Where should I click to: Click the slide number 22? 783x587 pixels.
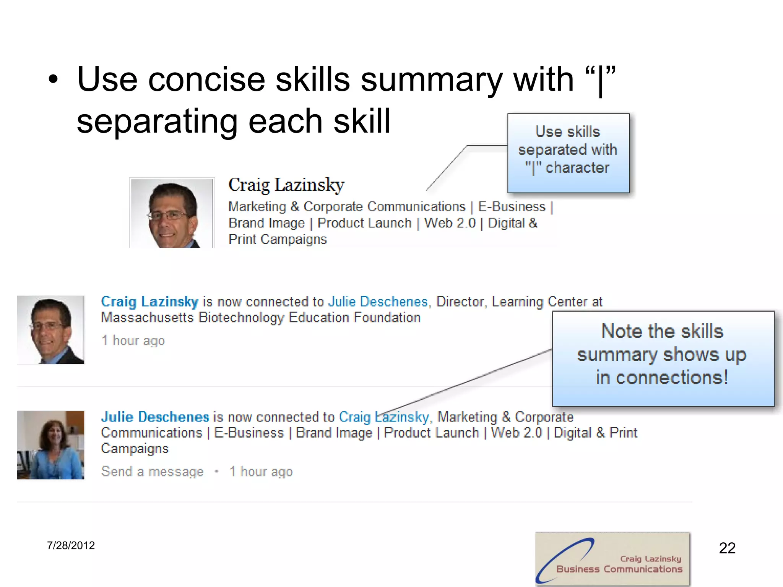[727, 548]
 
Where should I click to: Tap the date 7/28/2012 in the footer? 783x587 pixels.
[71, 545]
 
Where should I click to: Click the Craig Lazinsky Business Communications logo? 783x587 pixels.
[612, 559]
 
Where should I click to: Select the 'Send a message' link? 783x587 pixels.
[152, 472]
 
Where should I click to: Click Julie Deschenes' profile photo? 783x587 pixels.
[50, 445]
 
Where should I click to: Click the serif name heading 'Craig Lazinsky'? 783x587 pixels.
[286, 185]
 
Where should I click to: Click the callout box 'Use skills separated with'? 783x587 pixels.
[568, 153]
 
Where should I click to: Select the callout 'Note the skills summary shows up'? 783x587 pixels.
[663, 358]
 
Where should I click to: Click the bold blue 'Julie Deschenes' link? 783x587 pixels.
[155, 417]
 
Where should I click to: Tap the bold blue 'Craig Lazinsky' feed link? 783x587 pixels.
[149, 302]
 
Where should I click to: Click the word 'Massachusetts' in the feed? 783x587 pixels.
[148, 318]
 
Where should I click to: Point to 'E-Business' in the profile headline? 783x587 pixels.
[512, 207]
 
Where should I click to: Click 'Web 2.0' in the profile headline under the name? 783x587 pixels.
[450, 223]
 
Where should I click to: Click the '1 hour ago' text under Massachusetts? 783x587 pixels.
[133, 340]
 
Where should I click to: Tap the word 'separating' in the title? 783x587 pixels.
[157, 122]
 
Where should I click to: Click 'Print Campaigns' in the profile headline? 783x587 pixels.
[278, 239]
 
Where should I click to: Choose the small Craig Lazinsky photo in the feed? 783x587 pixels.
[50, 329]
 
